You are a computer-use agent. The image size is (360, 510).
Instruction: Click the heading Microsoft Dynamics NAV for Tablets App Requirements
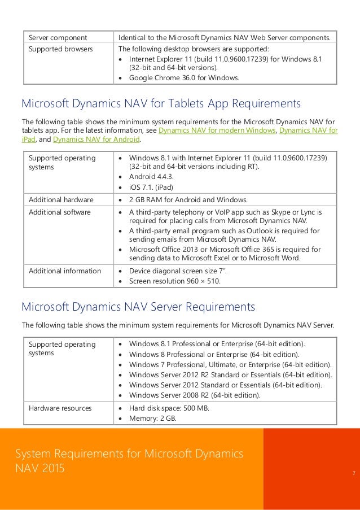click(160, 104)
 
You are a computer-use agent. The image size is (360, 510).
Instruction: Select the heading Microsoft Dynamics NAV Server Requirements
click(138, 307)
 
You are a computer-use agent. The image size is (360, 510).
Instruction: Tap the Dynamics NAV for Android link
click(97, 140)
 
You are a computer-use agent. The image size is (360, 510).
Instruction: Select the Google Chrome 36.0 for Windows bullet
click(184, 78)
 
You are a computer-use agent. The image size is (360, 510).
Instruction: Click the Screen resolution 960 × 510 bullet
click(174, 281)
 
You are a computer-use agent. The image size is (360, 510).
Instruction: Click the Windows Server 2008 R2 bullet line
click(195, 395)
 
